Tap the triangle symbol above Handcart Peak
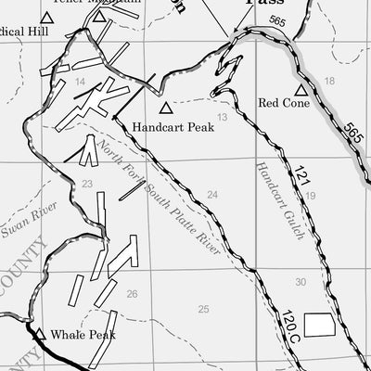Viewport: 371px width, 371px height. (165, 109)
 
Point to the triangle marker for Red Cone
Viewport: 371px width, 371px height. (300, 90)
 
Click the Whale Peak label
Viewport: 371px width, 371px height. (83, 335)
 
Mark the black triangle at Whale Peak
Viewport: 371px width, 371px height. (40, 334)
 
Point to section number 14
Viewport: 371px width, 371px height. (81, 83)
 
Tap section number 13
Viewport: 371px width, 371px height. (222, 116)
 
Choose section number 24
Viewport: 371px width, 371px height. (212, 194)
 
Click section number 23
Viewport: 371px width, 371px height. (86, 185)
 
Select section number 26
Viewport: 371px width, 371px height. (132, 294)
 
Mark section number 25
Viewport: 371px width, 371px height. (203, 309)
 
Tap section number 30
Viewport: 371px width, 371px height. (300, 282)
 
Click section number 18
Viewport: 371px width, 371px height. (329, 82)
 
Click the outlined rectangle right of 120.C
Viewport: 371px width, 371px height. (321, 325)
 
